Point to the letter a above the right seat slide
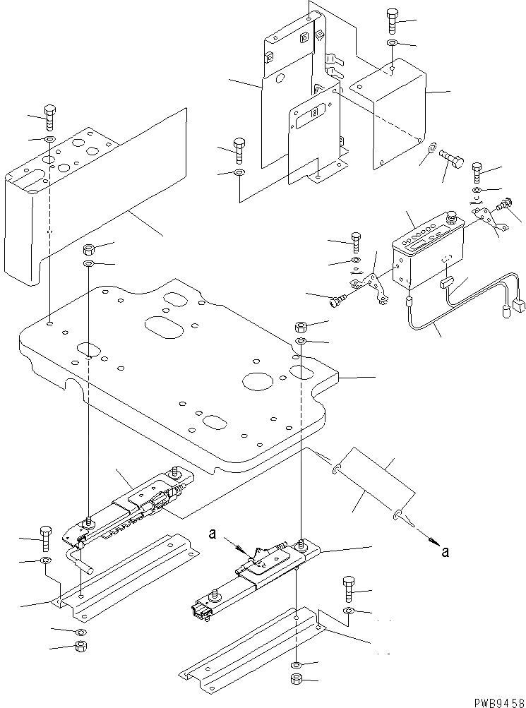point(211,534)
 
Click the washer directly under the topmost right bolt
point(392,44)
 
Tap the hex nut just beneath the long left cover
point(89,249)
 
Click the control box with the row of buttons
point(423,251)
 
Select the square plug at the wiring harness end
point(518,306)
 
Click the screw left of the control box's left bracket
point(337,300)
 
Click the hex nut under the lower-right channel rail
point(297,680)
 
